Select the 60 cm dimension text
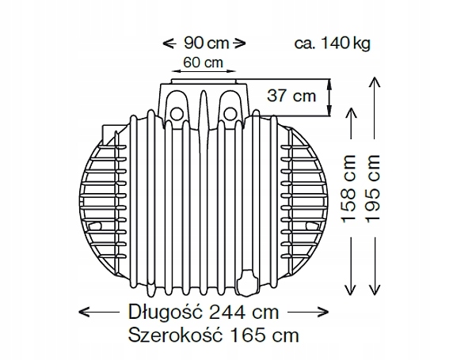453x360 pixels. tap(202, 62)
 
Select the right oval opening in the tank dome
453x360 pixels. tap(230, 100)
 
